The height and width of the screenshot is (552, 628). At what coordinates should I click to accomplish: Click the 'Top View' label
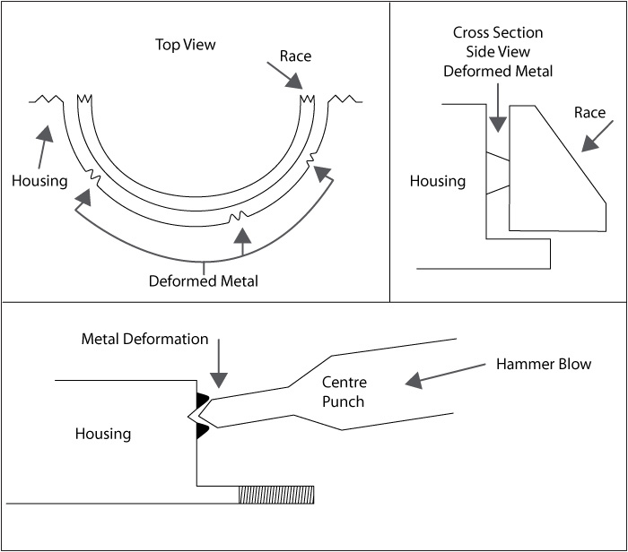pyautogui.click(x=186, y=45)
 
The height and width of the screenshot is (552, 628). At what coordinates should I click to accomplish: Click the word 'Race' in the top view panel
pyautogui.click(x=295, y=56)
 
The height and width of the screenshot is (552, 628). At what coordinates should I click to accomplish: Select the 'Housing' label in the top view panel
pyautogui.click(x=39, y=181)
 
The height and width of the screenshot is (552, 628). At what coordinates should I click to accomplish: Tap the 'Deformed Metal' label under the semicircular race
pyautogui.click(x=204, y=281)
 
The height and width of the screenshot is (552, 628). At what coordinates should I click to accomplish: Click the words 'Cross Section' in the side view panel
pyautogui.click(x=498, y=32)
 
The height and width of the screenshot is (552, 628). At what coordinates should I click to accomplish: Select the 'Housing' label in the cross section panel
pyautogui.click(x=438, y=182)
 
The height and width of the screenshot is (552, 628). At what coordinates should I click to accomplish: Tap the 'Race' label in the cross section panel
pyautogui.click(x=589, y=113)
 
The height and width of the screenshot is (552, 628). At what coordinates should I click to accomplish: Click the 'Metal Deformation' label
pyautogui.click(x=144, y=340)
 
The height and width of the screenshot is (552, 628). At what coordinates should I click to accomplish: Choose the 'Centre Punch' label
pyautogui.click(x=344, y=392)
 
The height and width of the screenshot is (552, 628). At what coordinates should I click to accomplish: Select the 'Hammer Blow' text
pyautogui.click(x=544, y=365)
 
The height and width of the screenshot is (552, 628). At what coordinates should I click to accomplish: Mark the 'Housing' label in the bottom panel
pyautogui.click(x=103, y=435)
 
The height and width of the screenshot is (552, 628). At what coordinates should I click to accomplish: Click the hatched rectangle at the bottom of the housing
pyautogui.click(x=275, y=495)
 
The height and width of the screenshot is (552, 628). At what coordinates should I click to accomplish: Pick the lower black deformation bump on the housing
pyautogui.click(x=203, y=432)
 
